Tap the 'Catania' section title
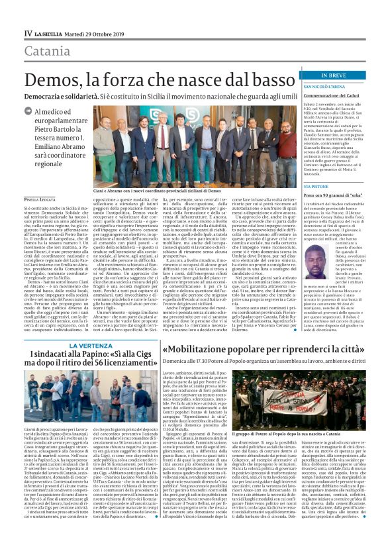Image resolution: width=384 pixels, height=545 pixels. (x=46, y=50)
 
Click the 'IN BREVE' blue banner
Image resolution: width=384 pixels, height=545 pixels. (x=332, y=76)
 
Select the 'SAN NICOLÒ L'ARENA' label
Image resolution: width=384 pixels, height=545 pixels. (x=324, y=87)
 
